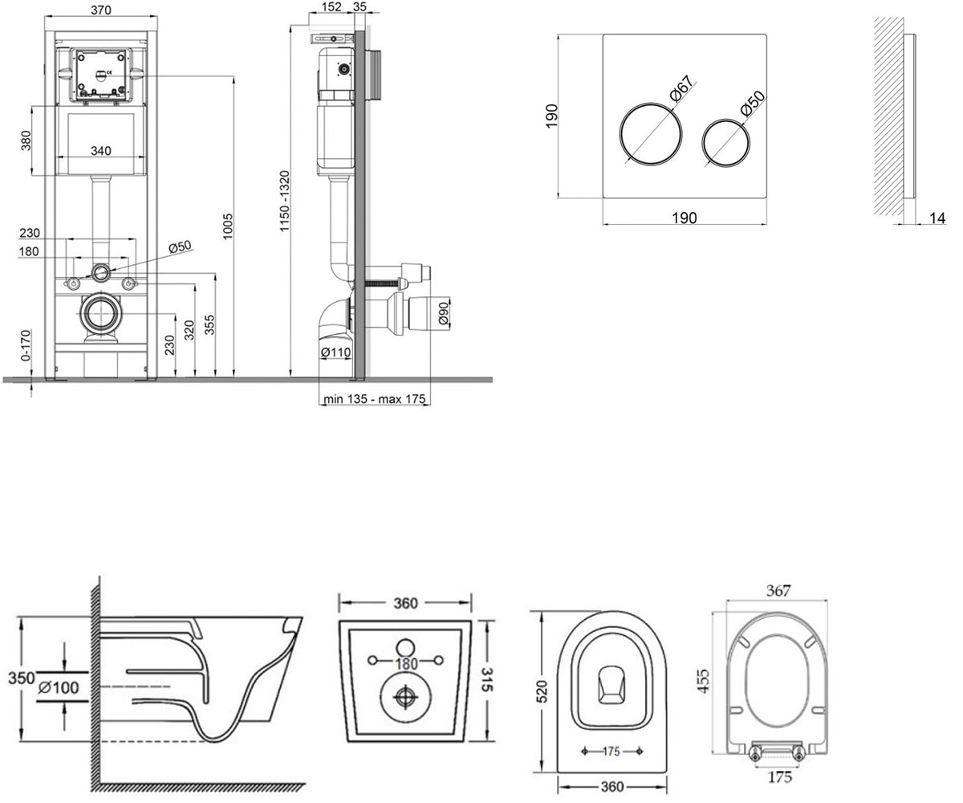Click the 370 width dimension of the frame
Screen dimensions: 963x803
[x=100, y=10]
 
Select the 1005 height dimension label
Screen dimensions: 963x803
[x=227, y=226]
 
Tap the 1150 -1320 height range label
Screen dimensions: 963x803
[x=284, y=202]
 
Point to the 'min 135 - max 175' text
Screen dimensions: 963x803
[x=374, y=399]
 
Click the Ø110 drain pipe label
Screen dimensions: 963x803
[x=335, y=353]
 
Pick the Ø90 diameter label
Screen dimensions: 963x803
[x=443, y=313]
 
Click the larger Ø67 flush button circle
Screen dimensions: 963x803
[x=651, y=133]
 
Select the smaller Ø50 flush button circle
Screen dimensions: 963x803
[x=725, y=143]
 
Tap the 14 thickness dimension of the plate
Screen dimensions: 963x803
[x=937, y=218]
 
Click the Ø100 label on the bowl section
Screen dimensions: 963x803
[x=59, y=687]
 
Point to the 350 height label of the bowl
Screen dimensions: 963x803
[x=22, y=678]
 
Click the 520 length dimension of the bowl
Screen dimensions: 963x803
[x=542, y=691]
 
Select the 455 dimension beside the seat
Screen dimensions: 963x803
[x=704, y=681]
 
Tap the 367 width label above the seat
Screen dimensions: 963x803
[x=778, y=590]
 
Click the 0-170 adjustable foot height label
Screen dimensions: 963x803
[x=26, y=344]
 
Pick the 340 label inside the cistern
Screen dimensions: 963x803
[x=100, y=150]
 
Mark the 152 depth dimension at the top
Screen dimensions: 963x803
[x=331, y=6]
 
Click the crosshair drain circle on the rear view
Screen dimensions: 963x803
[x=405, y=695]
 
